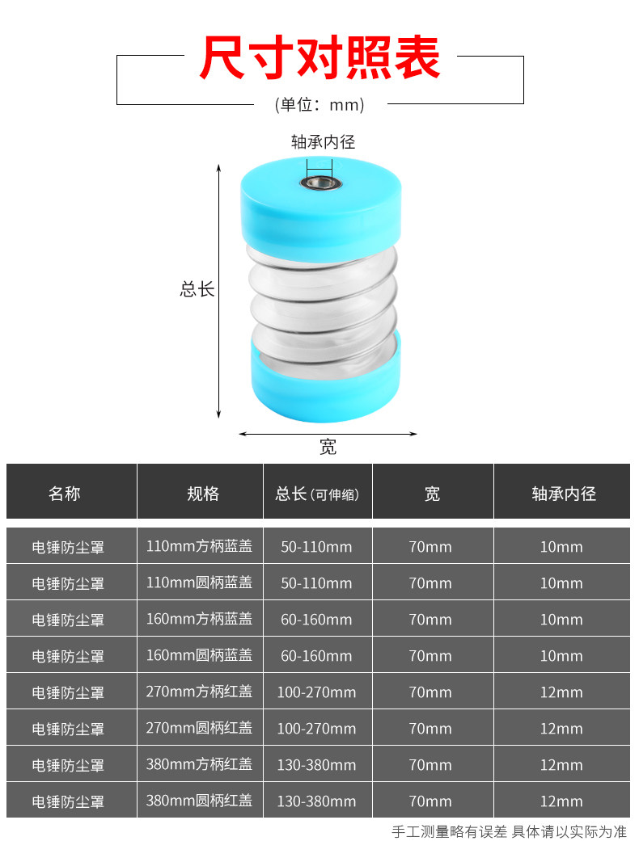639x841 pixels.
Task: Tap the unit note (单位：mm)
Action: coord(319,104)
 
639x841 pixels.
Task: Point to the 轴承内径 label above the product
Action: coord(323,143)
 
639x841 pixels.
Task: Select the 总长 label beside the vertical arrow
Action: coord(197,288)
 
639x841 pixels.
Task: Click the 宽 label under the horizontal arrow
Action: coord(328,447)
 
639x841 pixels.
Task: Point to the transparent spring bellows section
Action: coord(324,299)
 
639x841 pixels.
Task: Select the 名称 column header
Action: coord(65,493)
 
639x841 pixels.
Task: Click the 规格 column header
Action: coord(203,493)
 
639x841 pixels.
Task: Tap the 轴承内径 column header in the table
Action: coord(564,493)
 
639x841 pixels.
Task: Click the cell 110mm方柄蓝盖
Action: coord(199,546)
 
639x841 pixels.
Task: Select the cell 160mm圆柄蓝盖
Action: coord(199,655)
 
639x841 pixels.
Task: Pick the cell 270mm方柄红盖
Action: coord(199,692)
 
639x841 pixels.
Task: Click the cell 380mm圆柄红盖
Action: coord(199,801)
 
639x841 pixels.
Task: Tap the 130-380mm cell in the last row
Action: coord(316,801)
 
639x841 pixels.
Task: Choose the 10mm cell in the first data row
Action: coord(561,546)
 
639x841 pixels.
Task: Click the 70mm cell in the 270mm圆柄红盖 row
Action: coord(430,728)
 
